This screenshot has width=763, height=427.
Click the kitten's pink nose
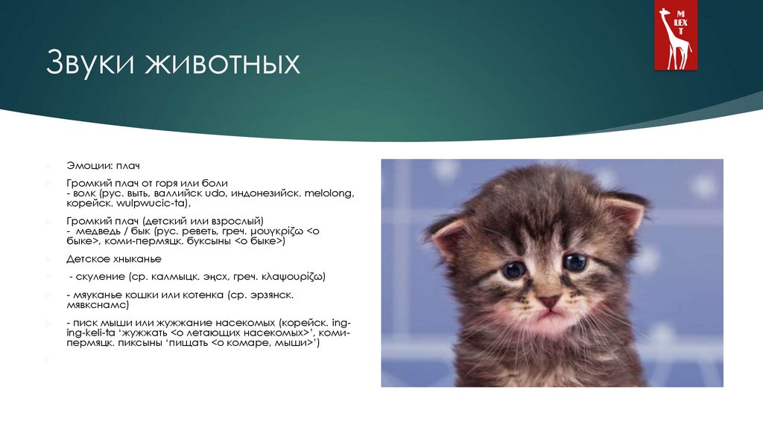coord(549,302)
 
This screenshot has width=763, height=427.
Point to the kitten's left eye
coord(513,269)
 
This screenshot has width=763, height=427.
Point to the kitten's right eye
coord(574,262)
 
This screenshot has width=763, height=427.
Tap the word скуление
coord(98,276)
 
